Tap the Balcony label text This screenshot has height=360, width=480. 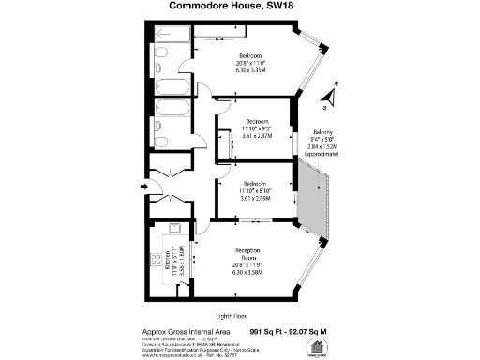(322, 132)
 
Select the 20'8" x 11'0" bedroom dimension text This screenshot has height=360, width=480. (251, 62)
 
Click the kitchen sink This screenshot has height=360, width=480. (173, 232)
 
